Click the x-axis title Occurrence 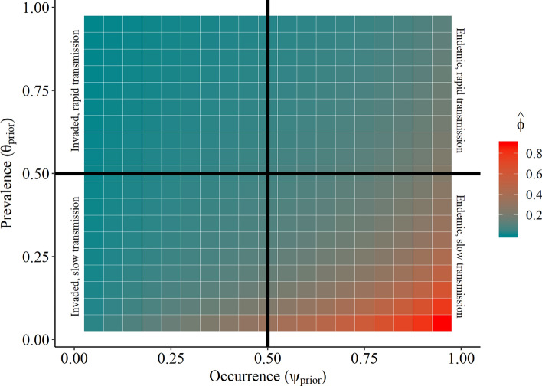click(267, 375)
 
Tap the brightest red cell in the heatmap click(442, 322)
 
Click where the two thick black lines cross click(268, 174)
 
